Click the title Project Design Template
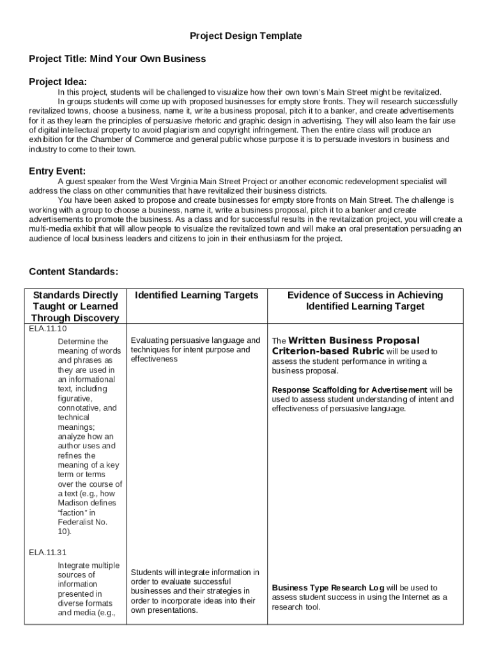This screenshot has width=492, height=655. (246, 36)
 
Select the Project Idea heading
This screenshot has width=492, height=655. (58, 81)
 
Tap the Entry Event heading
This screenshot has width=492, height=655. (57, 171)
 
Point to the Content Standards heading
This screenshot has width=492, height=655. (73, 271)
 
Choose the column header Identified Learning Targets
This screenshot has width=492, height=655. (197, 295)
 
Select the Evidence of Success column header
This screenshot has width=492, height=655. (365, 301)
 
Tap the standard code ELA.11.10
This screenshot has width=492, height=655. (48, 328)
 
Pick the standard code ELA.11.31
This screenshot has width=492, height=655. (48, 552)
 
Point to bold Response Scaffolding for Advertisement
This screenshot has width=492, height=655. (350, 390)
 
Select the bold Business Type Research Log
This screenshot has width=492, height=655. (328, 588)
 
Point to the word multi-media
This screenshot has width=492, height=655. (50, 229)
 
